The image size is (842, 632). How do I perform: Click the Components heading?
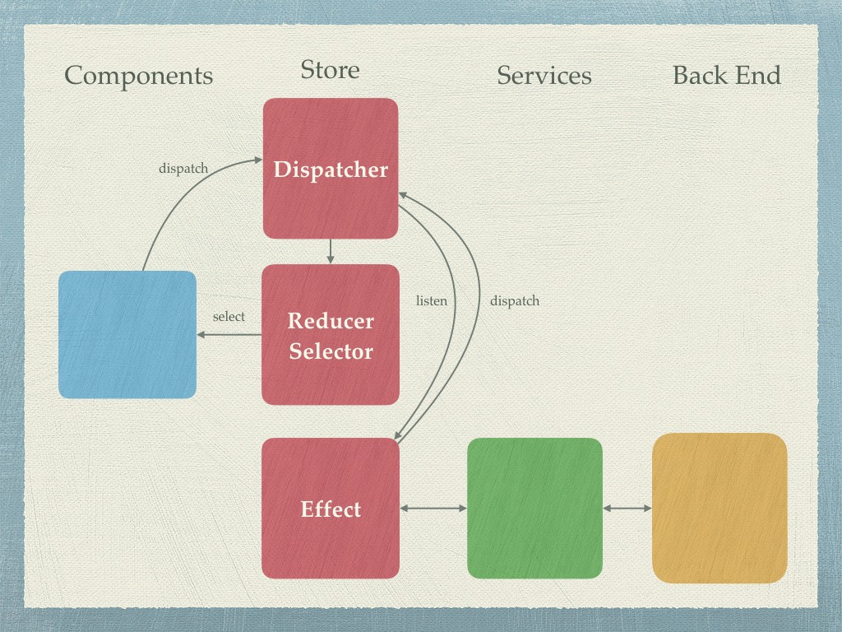tap(138, 76)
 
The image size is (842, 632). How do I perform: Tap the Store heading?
tap(330, 70)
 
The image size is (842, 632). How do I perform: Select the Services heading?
tap(544, 76)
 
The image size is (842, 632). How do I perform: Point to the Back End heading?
tap(726, 76)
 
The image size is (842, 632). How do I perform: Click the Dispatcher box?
tap(331, 169)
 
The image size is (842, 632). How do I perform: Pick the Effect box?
tap(331, 509)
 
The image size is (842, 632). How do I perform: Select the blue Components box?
tap(127, 334)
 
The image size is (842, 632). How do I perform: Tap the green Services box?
tap(534, 508)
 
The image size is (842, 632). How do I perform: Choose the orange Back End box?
tap(719, 508)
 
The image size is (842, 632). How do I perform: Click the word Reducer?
tap(331, 321)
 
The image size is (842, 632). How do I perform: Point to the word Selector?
tap(331, 351)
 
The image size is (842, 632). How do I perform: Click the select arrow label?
tap(229, 317)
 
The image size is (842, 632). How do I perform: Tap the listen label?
tap(432, 301)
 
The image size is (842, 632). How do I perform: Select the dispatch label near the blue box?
tap(183, 169)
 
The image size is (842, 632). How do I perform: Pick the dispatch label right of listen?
tap(515, 301)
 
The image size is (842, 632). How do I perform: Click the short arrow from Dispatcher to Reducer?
tap(331, 251)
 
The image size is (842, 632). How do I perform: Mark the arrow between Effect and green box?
tap(433, 509)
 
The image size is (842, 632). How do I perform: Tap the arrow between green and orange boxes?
tap(627, 509)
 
